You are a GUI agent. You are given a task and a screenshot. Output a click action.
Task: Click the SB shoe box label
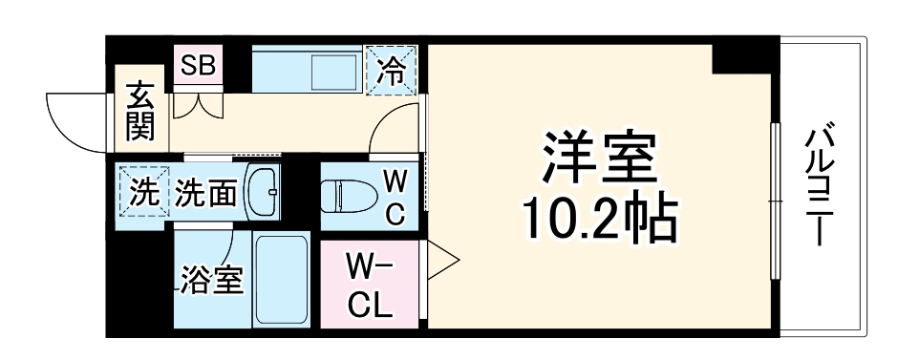point(199,66)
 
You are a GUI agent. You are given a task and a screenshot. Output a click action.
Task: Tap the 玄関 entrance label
point(139,113)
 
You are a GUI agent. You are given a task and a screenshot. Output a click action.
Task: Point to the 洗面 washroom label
point(205,193)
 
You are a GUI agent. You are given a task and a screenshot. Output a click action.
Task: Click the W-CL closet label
point(367,284)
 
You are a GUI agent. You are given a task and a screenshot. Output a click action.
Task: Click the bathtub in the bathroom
point(281,281)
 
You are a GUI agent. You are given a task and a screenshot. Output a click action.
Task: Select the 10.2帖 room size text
point(599,219)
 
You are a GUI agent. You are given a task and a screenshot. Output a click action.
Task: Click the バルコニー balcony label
point(819,186)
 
